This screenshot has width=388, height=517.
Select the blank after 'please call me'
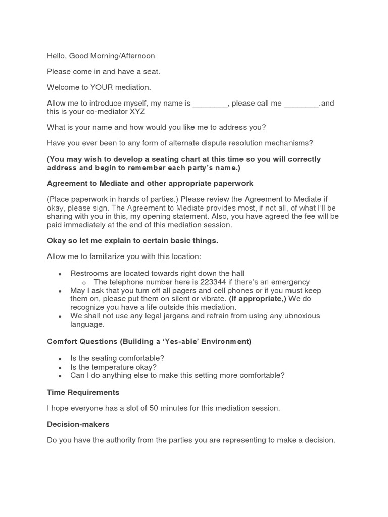[x=301, y=104]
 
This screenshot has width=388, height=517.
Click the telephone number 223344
[x=213, y=282]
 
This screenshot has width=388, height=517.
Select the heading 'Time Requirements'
[x=83, y=392]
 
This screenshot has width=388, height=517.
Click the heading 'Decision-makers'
[x=78, y=424]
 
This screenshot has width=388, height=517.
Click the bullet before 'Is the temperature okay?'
[x=60, y=368]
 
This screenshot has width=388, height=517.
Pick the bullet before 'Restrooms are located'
[x=60, y=274]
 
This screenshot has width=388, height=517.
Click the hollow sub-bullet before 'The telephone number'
[x=84, y=283]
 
